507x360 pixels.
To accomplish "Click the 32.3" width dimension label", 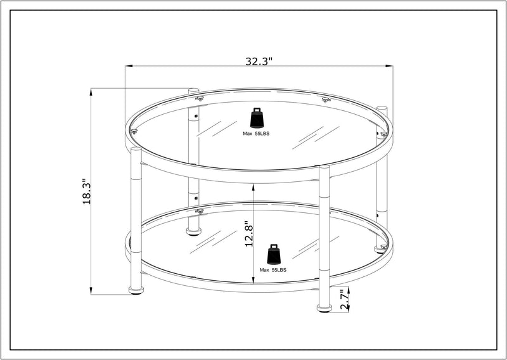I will (259, 61).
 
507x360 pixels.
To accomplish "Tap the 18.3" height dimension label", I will (87, 191).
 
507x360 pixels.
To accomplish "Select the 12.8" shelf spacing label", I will (248, 235).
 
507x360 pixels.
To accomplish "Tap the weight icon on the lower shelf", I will (274, 254).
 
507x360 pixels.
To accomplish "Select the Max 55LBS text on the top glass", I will (256, 134).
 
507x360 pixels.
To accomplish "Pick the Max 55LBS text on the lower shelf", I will (274, 270).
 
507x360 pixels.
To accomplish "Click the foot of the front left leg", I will (136, 291).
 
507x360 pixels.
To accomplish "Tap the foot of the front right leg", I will (324, 309).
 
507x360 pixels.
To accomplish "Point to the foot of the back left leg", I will (193, 231).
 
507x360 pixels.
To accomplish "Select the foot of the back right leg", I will (381, 248).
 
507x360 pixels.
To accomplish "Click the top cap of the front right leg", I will (324, 167).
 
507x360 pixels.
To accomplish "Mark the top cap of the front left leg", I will (136, 150).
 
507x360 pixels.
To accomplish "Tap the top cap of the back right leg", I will (382, 108).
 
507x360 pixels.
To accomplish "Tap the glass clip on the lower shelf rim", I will (200, 210).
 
